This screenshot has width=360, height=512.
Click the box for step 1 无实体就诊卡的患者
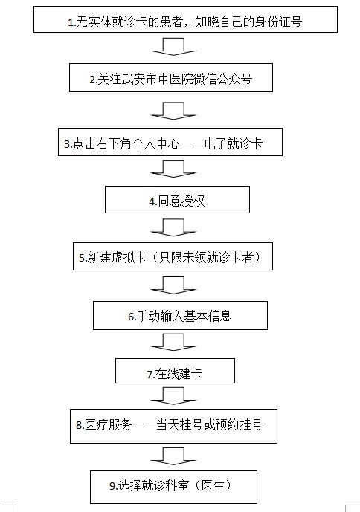coord(185,19)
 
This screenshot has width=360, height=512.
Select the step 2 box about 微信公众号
coord(171,78)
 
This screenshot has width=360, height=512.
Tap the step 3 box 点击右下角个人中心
coord(170,142)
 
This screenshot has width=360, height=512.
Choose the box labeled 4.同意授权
coord(177,199)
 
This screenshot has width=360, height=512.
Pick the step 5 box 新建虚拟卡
coord(173,256)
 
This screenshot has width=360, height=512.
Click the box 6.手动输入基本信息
coord(180,315)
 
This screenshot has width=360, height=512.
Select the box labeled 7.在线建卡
coord(175,371)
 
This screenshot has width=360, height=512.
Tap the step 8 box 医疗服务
coord(173,427)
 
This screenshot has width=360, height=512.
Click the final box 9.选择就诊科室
coord(173,487)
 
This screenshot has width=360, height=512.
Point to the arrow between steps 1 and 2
coord(173,47)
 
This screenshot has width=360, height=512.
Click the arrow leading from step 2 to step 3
coord(173,111)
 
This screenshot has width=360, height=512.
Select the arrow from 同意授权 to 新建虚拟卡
coord(173,227)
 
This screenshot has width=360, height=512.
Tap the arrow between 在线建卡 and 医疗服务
coord(173,396)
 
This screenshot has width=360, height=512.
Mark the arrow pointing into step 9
coord(173,456)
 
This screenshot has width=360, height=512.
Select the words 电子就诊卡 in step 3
coord(234,143)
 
